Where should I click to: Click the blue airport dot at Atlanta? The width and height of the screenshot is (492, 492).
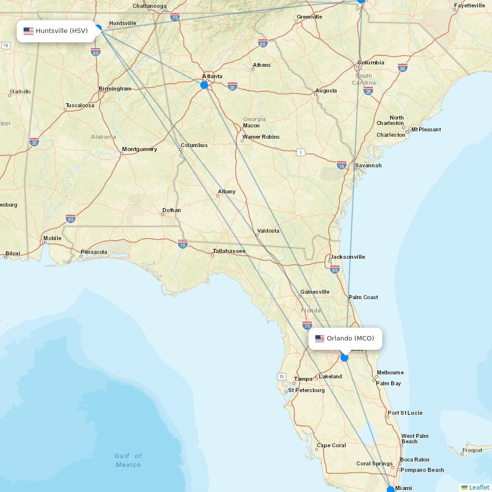[204, 85]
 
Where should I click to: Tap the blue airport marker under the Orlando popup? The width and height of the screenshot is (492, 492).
[344, 358]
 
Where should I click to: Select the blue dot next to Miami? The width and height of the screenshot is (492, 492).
[391, 490]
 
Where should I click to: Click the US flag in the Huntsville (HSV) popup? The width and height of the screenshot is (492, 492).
[29, 31]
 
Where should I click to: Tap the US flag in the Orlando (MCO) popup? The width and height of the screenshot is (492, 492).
[320, 338]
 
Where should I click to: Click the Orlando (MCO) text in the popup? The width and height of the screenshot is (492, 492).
[350, 338]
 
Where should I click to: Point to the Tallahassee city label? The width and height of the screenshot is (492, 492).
[229, 251]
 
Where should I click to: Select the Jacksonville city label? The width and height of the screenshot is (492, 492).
[347, 257]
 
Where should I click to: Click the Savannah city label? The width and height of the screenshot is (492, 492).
[368, 165]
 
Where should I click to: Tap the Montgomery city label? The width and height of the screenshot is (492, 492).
[139, 149]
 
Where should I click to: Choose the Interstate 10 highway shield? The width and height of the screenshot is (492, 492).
[183, 244]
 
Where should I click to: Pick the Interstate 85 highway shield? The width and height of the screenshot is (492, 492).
[263, 43]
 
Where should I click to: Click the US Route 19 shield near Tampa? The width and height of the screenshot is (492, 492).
[281, 376]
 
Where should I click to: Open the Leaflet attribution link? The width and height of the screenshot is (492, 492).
[479, 487]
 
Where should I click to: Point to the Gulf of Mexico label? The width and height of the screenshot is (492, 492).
[128, 461]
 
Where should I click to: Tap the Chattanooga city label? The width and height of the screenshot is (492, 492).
[150, 6]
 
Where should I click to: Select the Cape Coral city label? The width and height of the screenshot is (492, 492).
[331, 446]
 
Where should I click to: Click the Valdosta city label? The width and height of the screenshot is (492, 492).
[268, 231]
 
